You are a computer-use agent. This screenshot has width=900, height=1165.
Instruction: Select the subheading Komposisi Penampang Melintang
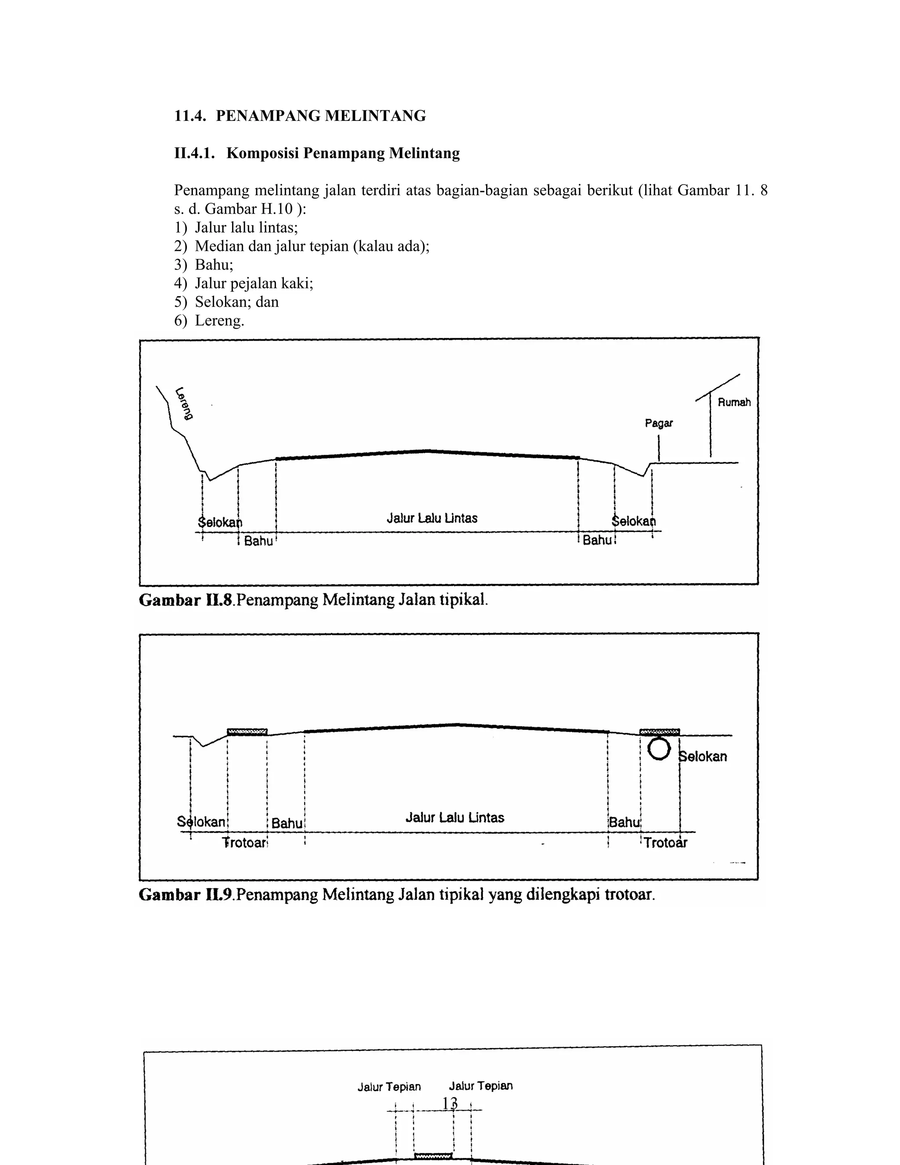[x=342, y=153]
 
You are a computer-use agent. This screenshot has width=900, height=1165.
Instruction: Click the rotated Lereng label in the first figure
[x=184, y=403]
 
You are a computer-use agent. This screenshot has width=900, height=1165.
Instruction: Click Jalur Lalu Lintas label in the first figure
[x=432, y=518]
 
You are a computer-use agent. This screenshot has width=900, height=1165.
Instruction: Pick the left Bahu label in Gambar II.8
[x=258, y=541]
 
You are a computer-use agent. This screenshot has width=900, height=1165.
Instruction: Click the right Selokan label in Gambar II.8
[x=633, y=521]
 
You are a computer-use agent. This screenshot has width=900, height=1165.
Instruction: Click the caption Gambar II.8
[x=313, y=600]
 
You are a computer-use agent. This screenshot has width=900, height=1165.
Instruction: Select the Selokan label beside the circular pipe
[x=703, y=757]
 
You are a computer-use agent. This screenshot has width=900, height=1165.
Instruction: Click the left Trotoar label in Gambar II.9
[x=244, y=843]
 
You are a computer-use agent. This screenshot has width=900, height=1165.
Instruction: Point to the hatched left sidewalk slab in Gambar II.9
[x=247, y=732]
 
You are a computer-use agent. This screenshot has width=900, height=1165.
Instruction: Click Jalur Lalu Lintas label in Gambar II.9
[x=454, y=817]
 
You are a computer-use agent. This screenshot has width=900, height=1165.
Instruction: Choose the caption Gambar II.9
[x=396, y=894]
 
